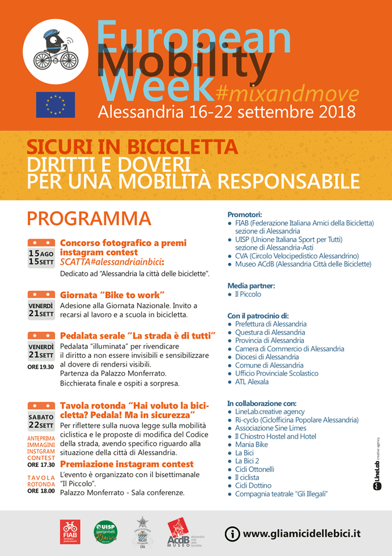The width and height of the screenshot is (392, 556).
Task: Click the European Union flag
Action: pyautogui.click(x=55, y=105)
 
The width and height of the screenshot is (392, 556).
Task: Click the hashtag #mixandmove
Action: pyautogui.click(x=286, y=92)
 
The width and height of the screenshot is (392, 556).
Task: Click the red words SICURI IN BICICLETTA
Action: pyautogui.click(x=132, y=147)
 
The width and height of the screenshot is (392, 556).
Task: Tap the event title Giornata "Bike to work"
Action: pyautogui.click(x=112, y=294)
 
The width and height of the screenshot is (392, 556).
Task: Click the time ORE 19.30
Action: pyautogui.click(x=41, y=367)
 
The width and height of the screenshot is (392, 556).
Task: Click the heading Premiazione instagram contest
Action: pyautogui.click(x=127, y=464)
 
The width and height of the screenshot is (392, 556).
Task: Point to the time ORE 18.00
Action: pyautogui.click(x=41, y=491)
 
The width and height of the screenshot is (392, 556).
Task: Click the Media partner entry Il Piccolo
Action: pyautogui.click(x=248, y=294)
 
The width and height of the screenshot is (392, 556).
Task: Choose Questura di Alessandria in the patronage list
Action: pyautogui.click(x=270, y=333)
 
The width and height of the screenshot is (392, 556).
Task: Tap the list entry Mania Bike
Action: pyautogui.click(x=251, y=444)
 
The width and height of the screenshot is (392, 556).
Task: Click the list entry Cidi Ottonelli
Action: pyautogui.click(x=255, y=469)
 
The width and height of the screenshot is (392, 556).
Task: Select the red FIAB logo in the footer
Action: pyautogui.click(x=70, y=532)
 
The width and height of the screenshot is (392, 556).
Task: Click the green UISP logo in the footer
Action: pyautogui.click(x=106, y=532)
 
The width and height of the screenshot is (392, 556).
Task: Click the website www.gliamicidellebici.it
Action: pyautogui.click(x=302, y=533)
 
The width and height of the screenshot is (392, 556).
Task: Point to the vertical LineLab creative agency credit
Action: pyautogui.click(x=378, y=463)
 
